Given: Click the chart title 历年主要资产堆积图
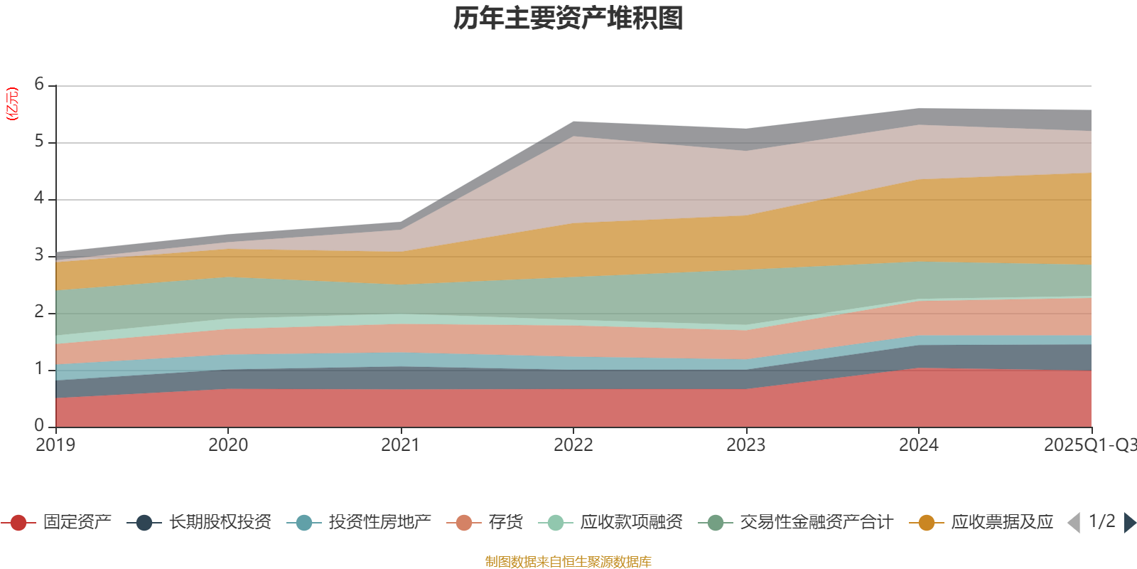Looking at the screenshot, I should [x=568, y=18].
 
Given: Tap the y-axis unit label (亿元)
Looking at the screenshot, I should [x=12, y=104].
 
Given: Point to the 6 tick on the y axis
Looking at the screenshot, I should [x=39, y=85].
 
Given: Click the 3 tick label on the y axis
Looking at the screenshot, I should [x=39, y=255].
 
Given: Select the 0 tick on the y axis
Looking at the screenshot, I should [x=39, y=425].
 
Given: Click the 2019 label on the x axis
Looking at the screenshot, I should [x=55, y=445].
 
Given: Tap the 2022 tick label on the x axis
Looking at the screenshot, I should [x=573, y=445].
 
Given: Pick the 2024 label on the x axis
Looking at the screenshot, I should [x=918, y=445].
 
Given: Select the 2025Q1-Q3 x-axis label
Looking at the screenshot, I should [x=1089, y=445].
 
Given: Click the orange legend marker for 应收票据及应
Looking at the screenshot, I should [x=927, y=523].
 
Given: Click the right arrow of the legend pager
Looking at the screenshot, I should [x=1130, y=523].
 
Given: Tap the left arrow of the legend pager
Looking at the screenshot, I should [x=1074, y=523].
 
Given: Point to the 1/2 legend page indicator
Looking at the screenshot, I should [x=1101, y=521].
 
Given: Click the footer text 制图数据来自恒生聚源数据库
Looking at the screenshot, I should [x=568, y=562].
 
